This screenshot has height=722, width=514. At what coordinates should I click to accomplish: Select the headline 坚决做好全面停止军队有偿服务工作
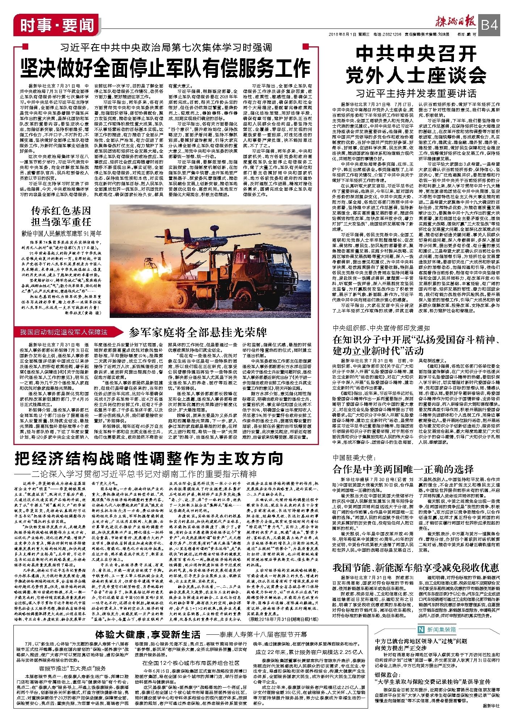[165, 68]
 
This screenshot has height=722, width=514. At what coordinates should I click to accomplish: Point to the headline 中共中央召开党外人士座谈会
[416, 65]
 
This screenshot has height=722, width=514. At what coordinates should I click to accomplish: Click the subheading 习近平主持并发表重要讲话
[416, 93]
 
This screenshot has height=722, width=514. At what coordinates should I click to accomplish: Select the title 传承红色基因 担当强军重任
[61, 216]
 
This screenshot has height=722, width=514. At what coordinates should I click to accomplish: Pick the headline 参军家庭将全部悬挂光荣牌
[198, 332]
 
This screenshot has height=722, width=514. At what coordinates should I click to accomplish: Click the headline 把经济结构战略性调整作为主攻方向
[149, 459]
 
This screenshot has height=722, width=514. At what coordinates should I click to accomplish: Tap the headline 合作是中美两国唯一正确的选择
[403, 469]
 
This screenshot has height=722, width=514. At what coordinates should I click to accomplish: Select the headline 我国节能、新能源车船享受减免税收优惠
[416, 567]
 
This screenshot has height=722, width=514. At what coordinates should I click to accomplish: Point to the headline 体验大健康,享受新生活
[148, 634]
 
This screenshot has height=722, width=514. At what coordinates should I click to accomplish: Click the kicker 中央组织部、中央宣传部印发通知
[381, 328]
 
